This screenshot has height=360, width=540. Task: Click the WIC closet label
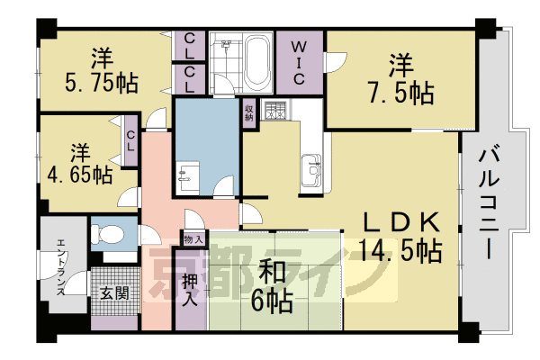click(300, 60)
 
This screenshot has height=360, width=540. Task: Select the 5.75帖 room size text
click(103, 84)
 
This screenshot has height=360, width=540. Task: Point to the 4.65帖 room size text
click(79, 172)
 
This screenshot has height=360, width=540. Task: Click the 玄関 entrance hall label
click(114, 292)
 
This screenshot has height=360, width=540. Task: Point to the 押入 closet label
click(190, 290)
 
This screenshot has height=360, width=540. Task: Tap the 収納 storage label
click(248, 113)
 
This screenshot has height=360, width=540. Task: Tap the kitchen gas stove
click(274, 113)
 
